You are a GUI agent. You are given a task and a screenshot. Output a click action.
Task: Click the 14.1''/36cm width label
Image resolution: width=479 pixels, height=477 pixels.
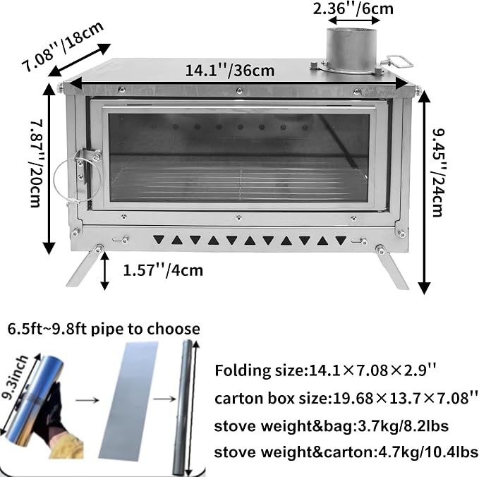[230, 71]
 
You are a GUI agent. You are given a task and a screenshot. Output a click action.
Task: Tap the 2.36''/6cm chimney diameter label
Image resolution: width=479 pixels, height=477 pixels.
[353, 8]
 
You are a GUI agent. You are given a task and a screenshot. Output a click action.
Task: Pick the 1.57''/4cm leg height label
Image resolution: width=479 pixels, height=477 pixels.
[163, 270]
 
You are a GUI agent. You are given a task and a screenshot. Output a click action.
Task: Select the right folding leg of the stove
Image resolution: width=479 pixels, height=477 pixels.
[392, 266]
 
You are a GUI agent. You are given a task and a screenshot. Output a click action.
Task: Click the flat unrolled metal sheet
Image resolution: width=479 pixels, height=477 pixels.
[129, 399]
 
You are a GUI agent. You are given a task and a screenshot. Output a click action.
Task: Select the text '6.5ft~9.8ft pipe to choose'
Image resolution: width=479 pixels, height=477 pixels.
[104, 329]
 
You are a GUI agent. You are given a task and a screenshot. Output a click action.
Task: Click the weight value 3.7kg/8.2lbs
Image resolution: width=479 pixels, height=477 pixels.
[401, 425]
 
